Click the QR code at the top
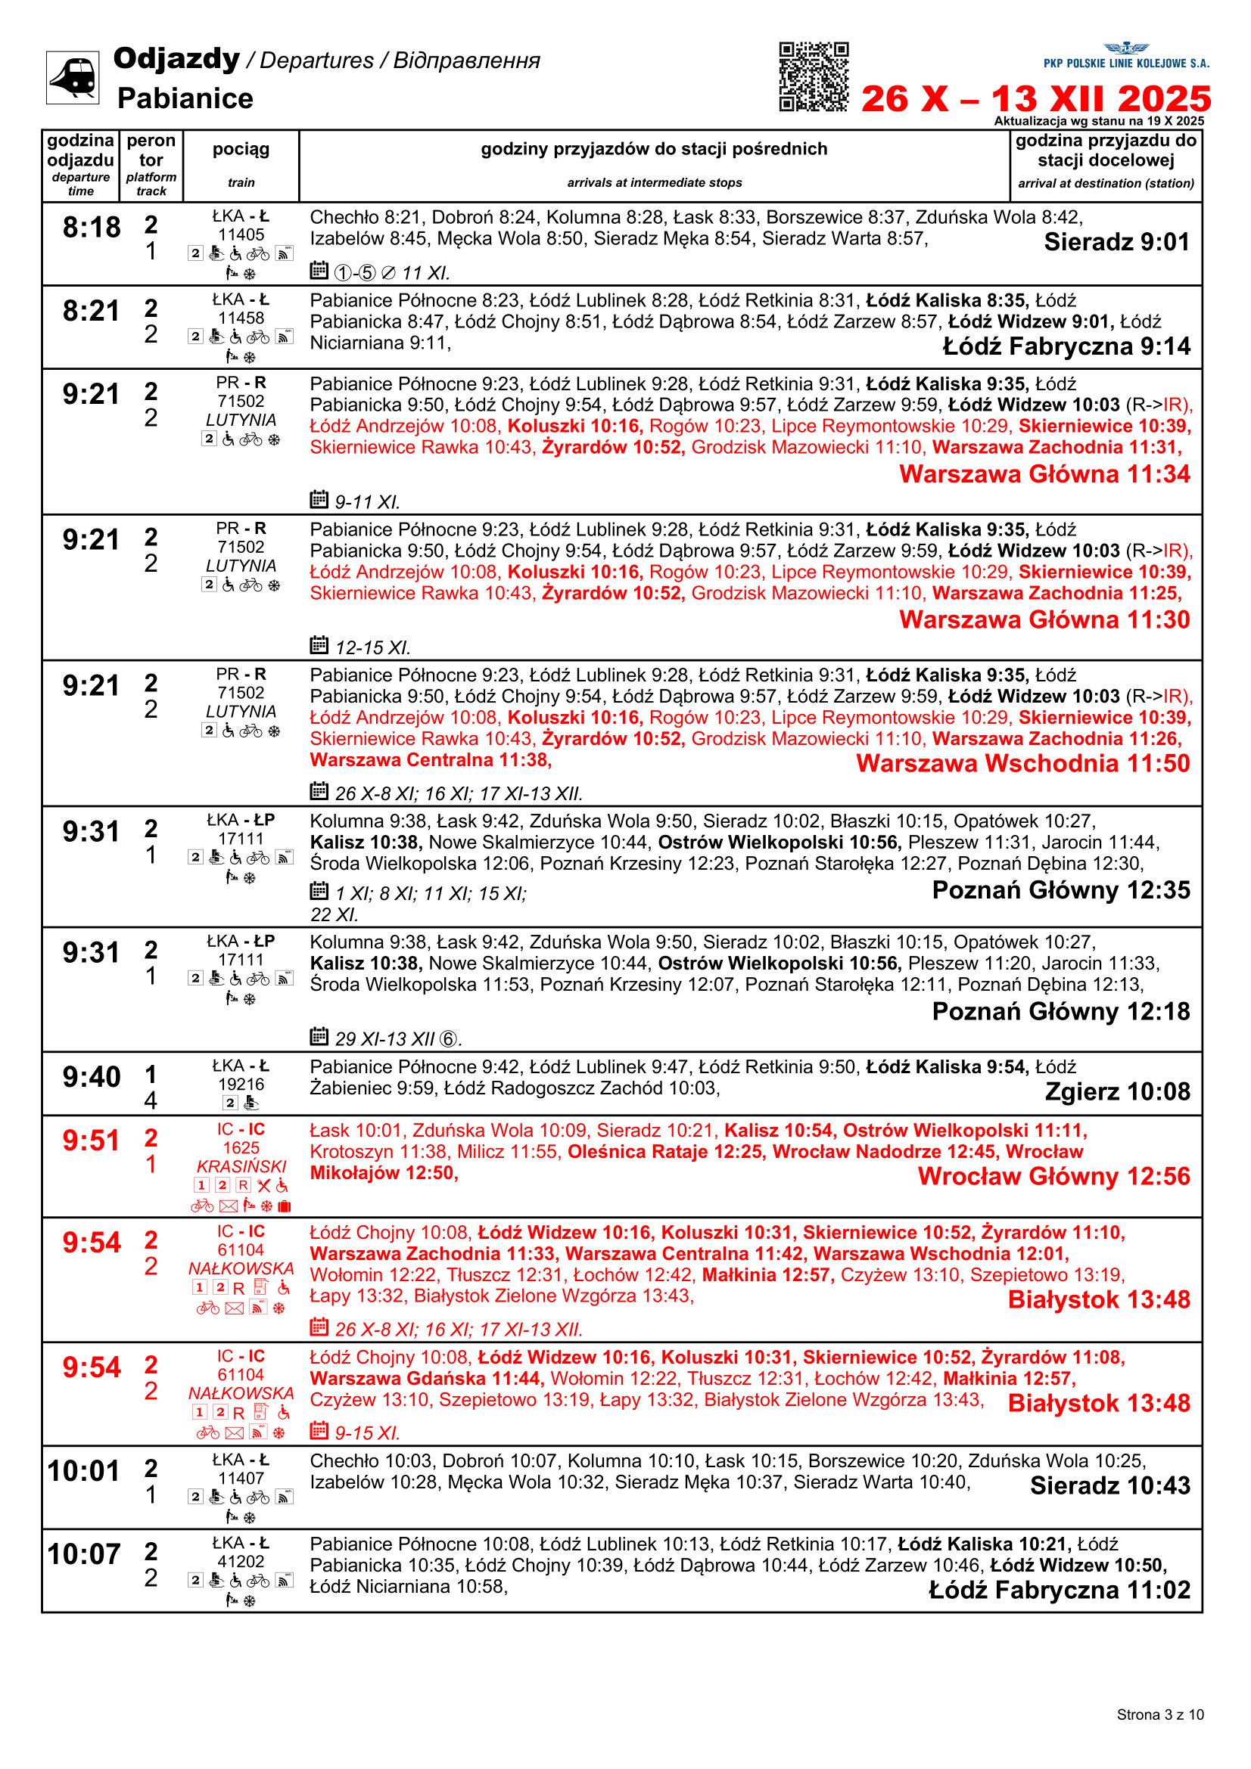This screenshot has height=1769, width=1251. click(x=814, y=76)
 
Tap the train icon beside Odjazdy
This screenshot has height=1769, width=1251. click(x=73, y=77)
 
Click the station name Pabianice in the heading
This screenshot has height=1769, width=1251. click(x=185, y=98)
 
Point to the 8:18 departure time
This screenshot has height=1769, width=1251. click(x=92, y=228)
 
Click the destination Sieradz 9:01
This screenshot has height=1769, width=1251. click(x=1116, y=242)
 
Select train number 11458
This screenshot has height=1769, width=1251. click(x=241, y=318)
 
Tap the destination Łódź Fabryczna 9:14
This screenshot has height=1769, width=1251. click(x=1066, y=346)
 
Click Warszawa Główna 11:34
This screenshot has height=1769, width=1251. click(x=1044, y=474)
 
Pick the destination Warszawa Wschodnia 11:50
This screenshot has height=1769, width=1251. click(x=1023, y=763)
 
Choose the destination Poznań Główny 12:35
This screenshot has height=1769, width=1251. click(x=1060, y=890)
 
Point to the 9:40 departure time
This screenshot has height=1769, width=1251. click(x=92, y=1076)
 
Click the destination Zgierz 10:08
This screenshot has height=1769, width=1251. click(x=1117, y=1092)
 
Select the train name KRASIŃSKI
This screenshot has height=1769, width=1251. click(x=241, y=1166)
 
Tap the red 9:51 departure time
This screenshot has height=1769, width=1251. click(x=92, y=1141)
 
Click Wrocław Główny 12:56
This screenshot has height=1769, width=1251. click(x=1053, y=1177)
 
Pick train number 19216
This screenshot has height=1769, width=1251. click(x=241, y=1084)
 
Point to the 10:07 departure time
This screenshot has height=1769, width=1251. click(x=84, y=1554)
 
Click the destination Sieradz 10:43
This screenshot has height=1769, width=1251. click(x=1110, y=1485)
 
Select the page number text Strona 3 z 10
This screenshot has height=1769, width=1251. click(x=1159, y=1715)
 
